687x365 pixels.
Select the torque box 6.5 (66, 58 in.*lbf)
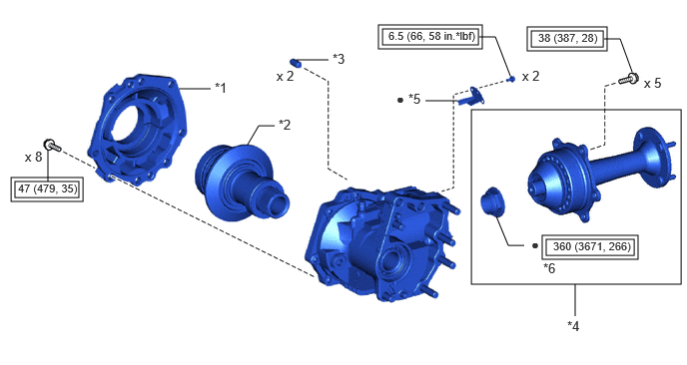point(430,36)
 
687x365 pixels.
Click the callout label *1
point(221,88)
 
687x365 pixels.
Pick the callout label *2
point(285,125)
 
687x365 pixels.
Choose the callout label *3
point(339,59)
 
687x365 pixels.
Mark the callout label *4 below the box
point(573,326)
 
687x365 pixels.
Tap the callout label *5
point(414,100)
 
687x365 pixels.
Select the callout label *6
point(549,268)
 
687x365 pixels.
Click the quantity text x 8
point(33,158)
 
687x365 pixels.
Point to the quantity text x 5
point(652,83)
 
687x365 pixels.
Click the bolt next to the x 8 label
point(53,146)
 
